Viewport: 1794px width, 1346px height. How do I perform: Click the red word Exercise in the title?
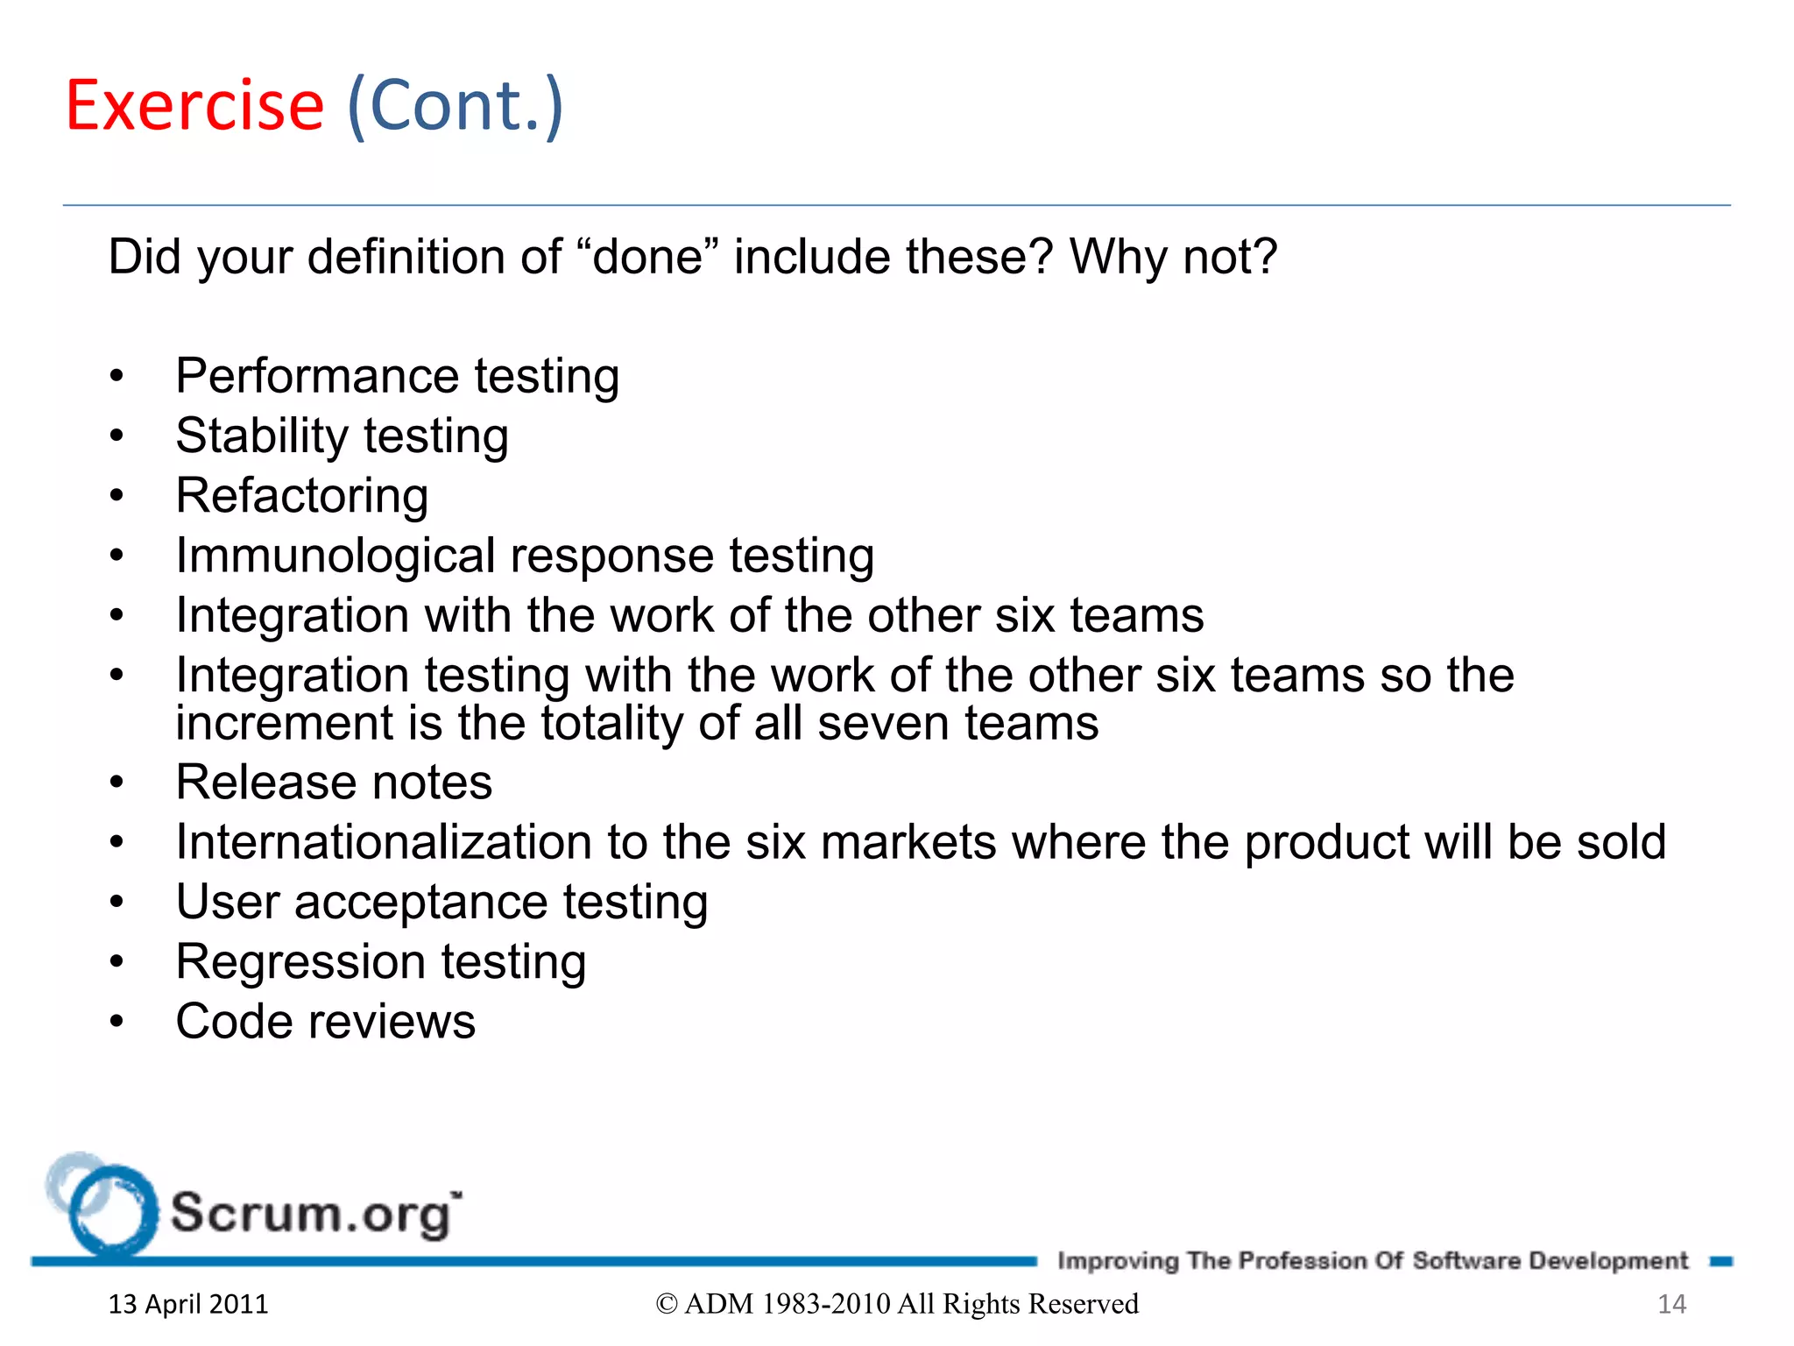coord(194,106)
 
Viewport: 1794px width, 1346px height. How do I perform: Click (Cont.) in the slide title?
coord(455,106)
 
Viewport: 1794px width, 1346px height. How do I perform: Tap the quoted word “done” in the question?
coord(647,257)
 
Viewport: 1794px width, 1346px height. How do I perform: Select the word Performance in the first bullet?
coord(317,377)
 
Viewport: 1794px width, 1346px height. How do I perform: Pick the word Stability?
coord(262,436)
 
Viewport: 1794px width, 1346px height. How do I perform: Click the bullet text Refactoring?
coord(301,496)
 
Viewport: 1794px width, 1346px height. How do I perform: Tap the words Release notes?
coord(334,782)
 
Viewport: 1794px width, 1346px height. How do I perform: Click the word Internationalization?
coord(384,842)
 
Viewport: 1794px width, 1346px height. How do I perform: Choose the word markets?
coord(908,842)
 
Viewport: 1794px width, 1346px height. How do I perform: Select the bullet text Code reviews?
coord(325,1022)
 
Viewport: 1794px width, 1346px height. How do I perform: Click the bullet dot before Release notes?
coord(117,783)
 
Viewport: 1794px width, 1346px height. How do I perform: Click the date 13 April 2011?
coord(187,1304)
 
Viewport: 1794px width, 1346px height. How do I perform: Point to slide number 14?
coord(1671,1304)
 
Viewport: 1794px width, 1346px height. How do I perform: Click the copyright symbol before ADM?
coord(667,1304)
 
